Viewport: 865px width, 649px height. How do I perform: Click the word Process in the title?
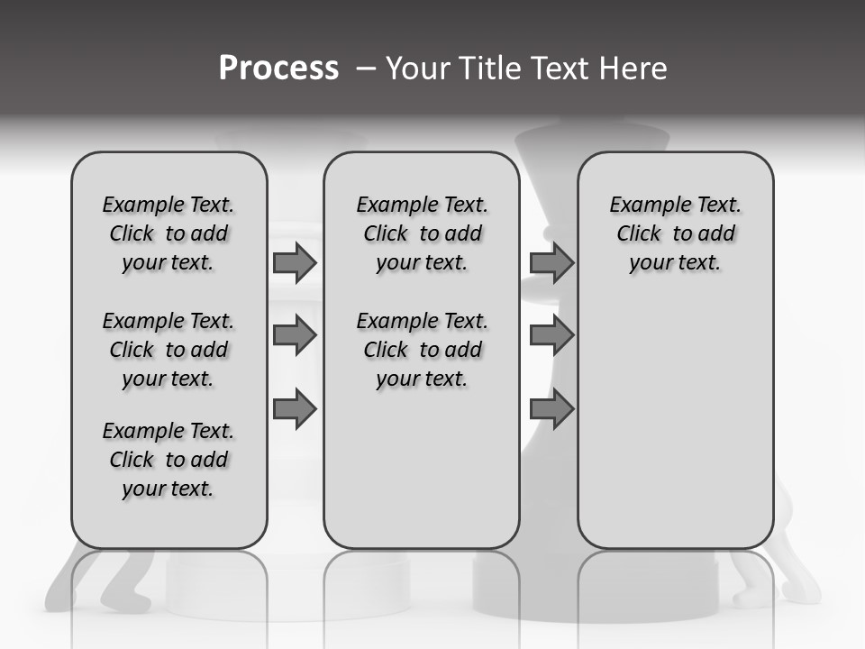(278, 69)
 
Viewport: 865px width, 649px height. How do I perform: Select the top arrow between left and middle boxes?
(295, 262)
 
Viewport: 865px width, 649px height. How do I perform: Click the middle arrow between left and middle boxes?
(295, 335)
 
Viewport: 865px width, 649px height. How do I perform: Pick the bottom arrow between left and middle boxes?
(295, 409)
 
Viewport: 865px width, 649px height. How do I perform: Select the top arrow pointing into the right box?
(551, 262)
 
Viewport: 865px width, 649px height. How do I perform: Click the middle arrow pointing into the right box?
(551, 335)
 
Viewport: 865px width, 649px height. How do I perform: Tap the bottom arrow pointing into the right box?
(551, 409)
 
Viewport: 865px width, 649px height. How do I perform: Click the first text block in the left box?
(168, 233)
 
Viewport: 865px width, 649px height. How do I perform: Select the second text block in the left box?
(168, 350)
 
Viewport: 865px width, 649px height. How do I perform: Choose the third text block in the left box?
(168, 460)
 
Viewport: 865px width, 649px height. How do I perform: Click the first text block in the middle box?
(422, 233)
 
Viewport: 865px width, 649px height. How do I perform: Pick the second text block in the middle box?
(422, 350)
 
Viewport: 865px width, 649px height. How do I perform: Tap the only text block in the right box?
(675, 233)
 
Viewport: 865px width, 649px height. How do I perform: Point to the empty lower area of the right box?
(675, 424)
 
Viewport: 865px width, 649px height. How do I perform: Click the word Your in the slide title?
(418, 69)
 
